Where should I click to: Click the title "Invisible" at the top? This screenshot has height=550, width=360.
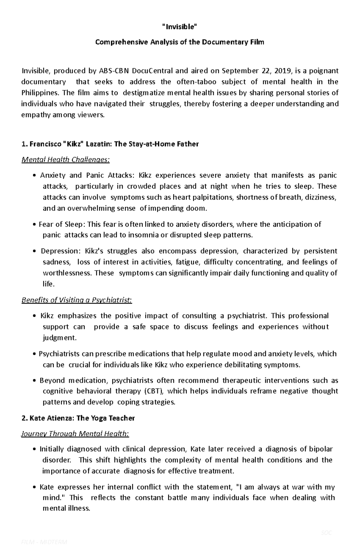(180, 27)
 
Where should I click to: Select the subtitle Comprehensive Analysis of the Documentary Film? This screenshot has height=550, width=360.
(180, 42)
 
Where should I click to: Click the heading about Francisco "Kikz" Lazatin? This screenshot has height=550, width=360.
(110, 144)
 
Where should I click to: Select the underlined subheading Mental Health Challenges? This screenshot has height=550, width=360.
(65, 160)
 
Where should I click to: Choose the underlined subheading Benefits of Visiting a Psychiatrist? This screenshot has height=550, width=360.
(76, 300)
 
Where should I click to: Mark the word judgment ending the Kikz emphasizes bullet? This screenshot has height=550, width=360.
(59, 338)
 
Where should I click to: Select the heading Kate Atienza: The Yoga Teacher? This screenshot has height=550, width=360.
(78, 418)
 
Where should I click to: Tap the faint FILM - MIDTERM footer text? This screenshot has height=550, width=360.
(44, 542)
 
